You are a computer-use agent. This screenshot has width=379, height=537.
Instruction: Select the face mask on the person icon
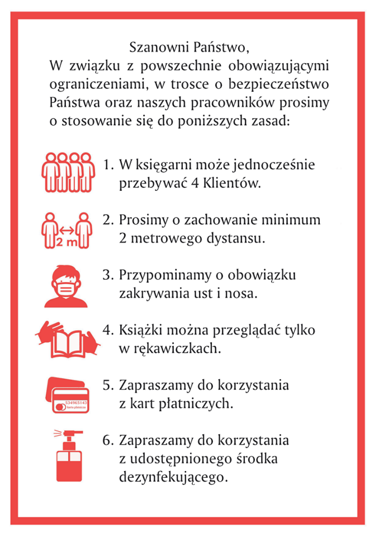(x=67, y=289)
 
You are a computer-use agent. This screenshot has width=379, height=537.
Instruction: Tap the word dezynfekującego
(x=174, y=477)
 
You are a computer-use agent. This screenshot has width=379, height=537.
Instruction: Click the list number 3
(x=108, y=276)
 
